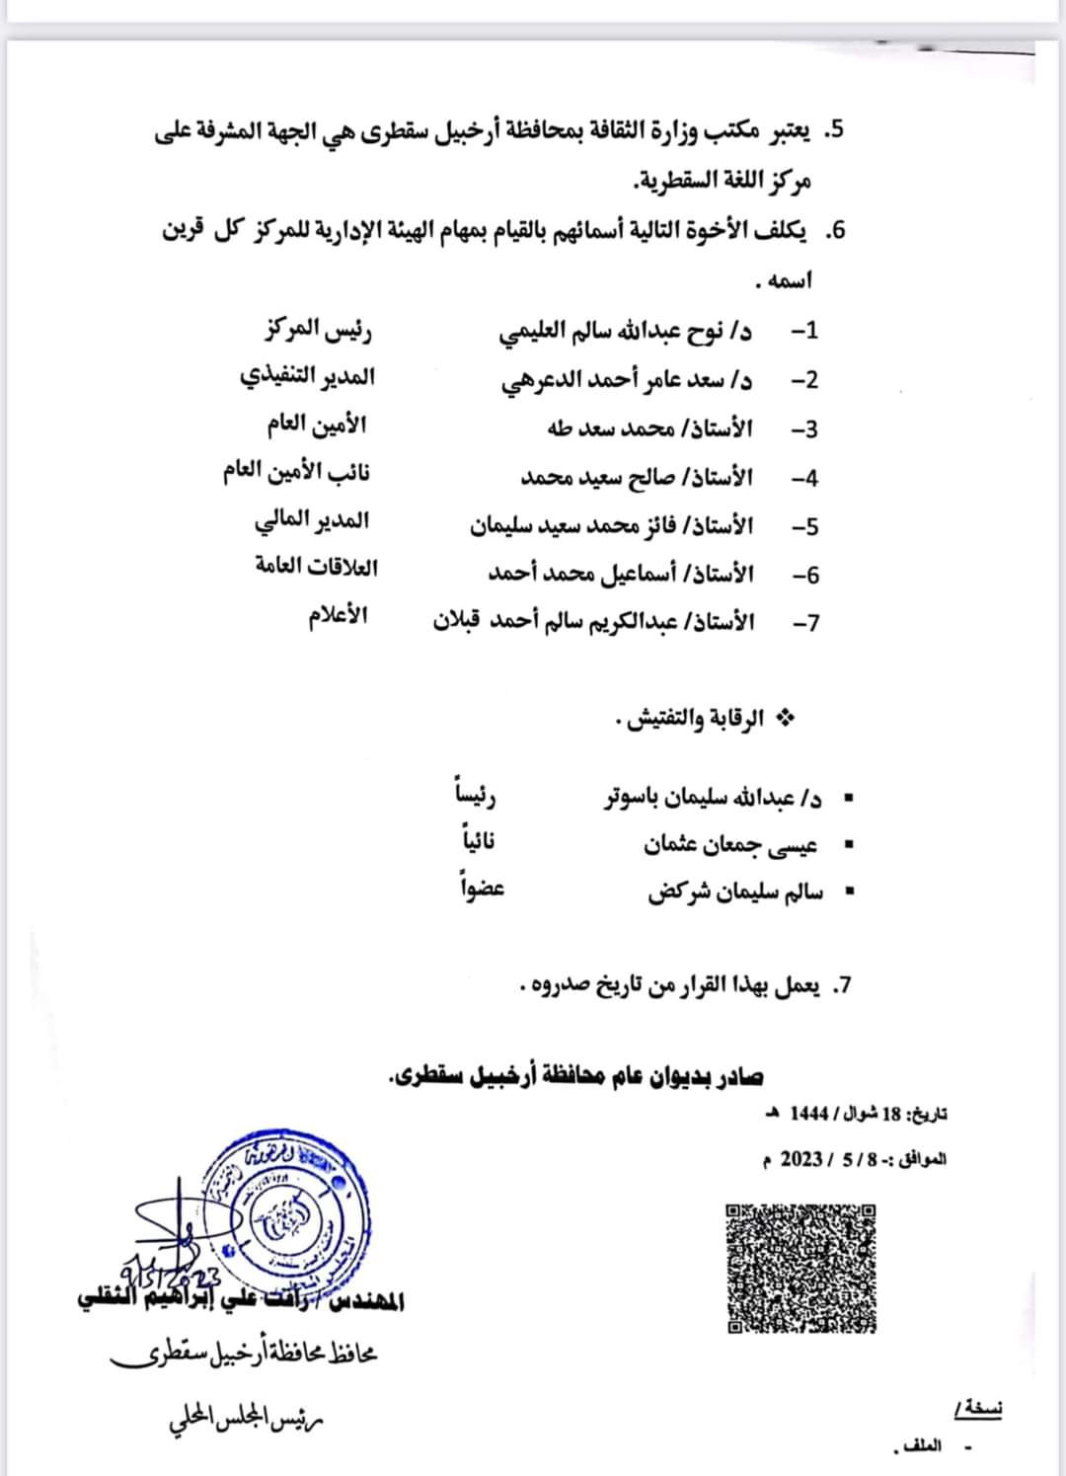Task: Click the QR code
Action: coord(801,1268)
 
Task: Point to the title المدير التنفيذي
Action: coord(308,378)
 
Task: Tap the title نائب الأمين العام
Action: coord(296,472)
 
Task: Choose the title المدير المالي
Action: coord(312,520)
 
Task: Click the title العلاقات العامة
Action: coord(316,568)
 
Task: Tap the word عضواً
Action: coord(481,888)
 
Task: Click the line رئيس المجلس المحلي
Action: coord(246,1422)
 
